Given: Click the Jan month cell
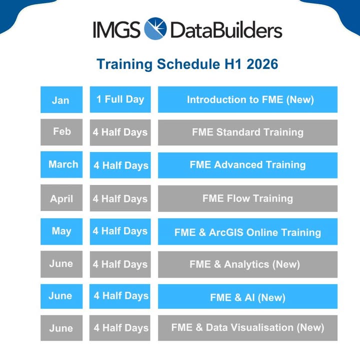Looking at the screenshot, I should point(61,99).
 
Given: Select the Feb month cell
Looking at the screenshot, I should point(61,132).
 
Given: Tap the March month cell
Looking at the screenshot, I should point(61,164).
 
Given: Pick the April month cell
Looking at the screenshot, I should point(61,198).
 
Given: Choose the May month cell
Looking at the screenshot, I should point(61,231).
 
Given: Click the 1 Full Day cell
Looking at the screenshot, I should point(120,99).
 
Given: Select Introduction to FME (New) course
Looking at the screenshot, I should point(247,99).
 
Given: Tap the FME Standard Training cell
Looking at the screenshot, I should point(247,132).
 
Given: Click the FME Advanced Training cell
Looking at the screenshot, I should point(247,164).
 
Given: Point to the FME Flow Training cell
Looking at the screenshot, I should point(247,198).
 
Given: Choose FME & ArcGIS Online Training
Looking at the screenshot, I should point(247,231).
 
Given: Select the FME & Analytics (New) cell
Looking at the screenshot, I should point(247,264).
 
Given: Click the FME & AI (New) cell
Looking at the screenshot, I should point(247,297).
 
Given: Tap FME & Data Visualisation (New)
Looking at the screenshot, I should point(247,328).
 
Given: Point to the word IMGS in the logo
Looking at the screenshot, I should point(116,29).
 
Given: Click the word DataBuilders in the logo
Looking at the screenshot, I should point(226,30).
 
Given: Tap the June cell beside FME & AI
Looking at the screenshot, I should point(61,296).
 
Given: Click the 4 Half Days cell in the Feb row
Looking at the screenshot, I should point(120,132).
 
